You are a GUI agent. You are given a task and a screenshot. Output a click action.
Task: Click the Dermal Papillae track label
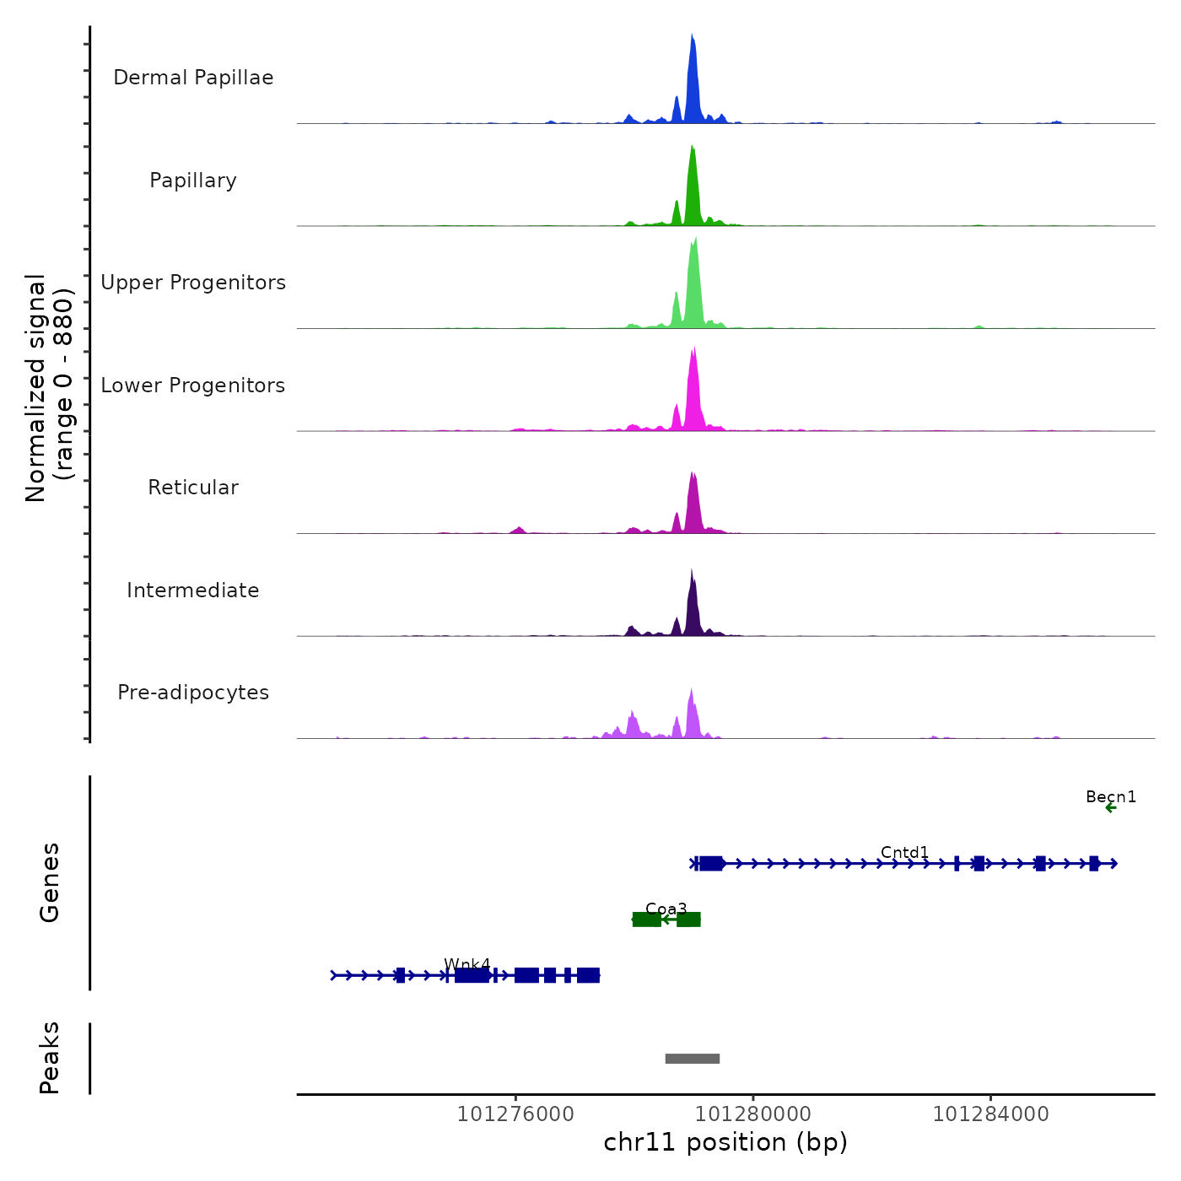[x=193, y=78]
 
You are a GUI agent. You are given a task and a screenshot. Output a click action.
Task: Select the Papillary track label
[x=193, y=181]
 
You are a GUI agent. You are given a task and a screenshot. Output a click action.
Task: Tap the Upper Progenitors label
[x=193, y=283]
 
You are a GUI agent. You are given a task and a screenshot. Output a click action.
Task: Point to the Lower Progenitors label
[x=193, y=386]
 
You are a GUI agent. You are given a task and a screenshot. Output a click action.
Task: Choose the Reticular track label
[x=193, y=488]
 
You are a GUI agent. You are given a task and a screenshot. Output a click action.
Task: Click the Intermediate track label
[x=193, y=590]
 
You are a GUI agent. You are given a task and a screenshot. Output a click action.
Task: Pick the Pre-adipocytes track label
[x=193, y=693]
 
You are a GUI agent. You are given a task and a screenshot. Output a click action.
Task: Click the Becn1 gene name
[x=1111, y=797]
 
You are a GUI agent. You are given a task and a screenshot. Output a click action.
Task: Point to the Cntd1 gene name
[x=904, y=853]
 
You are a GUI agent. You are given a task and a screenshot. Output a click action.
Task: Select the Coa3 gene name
[x=666, y=909]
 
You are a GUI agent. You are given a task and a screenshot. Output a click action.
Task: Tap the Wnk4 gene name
[x=467, y=965]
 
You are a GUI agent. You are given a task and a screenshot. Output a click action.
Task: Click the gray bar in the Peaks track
[x=693, y=1059]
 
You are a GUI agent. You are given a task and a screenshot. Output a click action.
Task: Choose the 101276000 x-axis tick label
[x=515, y=1114]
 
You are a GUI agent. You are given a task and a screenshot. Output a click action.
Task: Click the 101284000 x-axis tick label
[x=991, y=1114]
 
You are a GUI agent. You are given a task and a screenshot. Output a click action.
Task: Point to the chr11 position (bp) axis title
[x=725, y=1143]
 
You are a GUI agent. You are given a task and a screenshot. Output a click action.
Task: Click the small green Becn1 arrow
[x=1111, y=808]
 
